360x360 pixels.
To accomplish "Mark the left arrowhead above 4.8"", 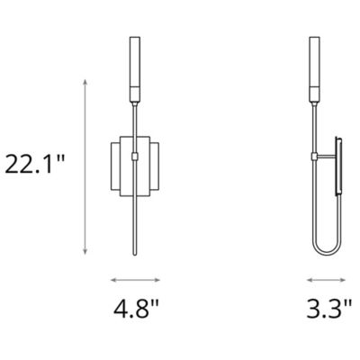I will pyautogui.click(x=112, y=279).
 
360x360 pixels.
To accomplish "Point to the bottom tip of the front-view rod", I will pyautogui.click(x=135, y=255).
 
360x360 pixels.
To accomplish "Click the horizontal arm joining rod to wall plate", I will pyautogui.click(x=325, y=157).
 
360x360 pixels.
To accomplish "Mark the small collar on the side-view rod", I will pyautogui.click(x=314, y=157).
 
